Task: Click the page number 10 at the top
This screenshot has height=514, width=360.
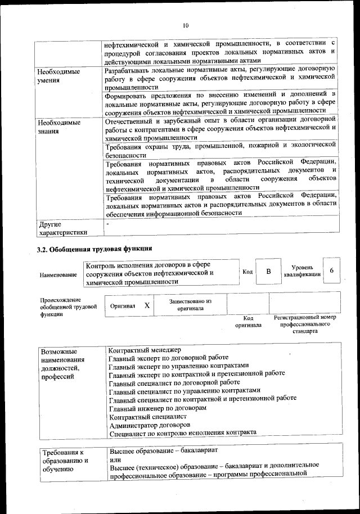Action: pyautogui.click(x=186, y=25)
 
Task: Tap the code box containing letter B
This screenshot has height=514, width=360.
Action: pyautogui.click(x=268, y=272)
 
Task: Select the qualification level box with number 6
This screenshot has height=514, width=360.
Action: pyautogui.click(x=332, y=271)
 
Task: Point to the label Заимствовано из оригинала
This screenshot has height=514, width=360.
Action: pyautogui.click(x=190, y=305)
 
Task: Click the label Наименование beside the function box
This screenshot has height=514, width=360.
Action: pyautogui.click(x=58, y=274)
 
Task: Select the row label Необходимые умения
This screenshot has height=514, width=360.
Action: pyautogui.click(x=58, y=76)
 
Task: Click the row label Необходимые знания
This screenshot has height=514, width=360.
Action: pyautogui.click(x=58, y=127)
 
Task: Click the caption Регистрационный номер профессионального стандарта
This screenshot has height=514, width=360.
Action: pyautogui.click(x=304, y=324)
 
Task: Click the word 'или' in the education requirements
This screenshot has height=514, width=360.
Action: pyautogui.click(x=115, y=459)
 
